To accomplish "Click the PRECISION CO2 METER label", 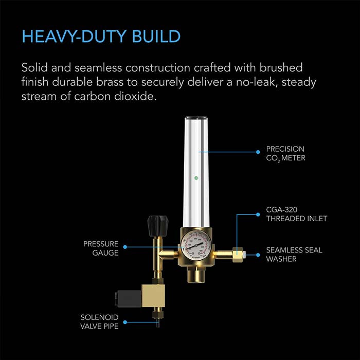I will (285, 153).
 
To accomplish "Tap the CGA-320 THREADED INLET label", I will (296, 214).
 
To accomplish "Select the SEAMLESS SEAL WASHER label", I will (294, 254).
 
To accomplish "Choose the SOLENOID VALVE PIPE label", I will (99, 321).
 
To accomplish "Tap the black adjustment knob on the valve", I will (155, 223).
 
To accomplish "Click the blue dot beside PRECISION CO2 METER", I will (258, 152).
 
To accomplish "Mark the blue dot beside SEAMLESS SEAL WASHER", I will (258, 254).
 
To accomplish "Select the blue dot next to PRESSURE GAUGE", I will (124, 247).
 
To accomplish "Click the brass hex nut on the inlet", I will (238, 254).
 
